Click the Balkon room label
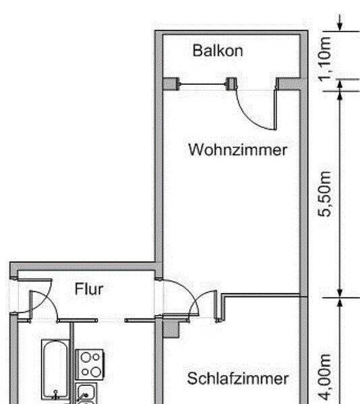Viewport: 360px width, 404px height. click(218, 50)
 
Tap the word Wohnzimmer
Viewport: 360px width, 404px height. click(237, 149)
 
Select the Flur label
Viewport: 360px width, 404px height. click(89, 289)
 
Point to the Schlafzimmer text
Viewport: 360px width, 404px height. click(237, 378)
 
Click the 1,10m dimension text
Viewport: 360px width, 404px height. click(324, 59)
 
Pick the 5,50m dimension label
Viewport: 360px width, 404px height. click(324, 194)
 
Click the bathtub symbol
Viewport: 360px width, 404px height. click(55, 370)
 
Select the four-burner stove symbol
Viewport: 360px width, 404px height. click(90, 364)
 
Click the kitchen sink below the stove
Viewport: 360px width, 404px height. click(86, 393)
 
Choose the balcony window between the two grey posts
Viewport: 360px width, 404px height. click(203, 84)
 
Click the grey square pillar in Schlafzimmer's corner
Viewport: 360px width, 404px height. click(171, 329)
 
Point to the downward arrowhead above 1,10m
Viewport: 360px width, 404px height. click(340, 26)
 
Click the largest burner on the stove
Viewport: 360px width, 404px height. click(96, 372)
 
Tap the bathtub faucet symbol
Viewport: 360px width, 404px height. click(55, 395)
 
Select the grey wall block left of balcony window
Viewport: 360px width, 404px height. click(171, 83)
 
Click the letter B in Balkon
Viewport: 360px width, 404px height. click(198, 50)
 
